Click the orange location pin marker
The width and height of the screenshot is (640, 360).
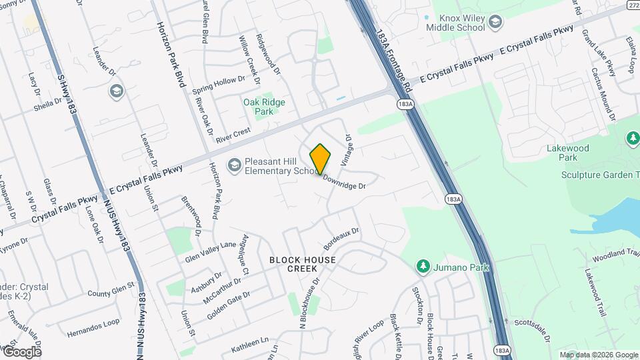[x=320, y=159]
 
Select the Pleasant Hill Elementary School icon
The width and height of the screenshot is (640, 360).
[x=234, y=165]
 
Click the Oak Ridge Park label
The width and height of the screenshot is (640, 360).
[x=264, y=107]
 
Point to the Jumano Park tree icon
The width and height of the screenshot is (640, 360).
[x=421, y=267]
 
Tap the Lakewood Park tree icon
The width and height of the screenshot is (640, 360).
[x=633, y=138]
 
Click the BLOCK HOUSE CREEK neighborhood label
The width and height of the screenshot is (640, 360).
[x=302, y=263]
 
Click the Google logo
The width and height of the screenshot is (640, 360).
[x=22, y=351]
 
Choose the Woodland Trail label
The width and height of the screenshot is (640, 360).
[x=614, y=253]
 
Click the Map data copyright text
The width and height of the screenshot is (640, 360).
[x=598, y=355]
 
